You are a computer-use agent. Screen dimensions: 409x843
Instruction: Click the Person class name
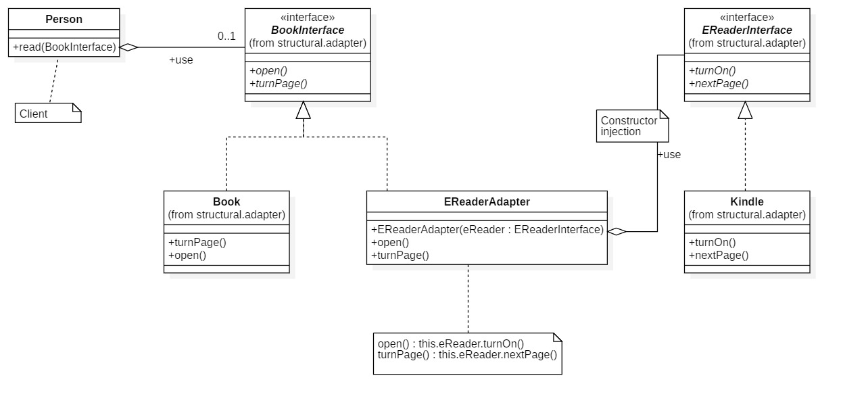(x=64, y=20)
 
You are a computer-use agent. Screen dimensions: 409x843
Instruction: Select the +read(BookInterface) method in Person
(x=64, y=47)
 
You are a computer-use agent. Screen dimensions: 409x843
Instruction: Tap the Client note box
(x=47, y=114)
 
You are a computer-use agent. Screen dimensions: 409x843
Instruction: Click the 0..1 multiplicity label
(x=226, y=36)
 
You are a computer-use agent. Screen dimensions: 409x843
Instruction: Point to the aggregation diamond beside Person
(x=128, y=47)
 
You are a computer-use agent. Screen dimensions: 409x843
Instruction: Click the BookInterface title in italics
(x=308, y=30)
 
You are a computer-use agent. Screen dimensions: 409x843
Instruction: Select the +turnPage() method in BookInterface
(x=279, y=84)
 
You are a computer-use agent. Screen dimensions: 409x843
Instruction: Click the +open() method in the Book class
(x=187, y=256)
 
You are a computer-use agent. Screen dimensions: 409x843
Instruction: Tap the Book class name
(x=226, y=201)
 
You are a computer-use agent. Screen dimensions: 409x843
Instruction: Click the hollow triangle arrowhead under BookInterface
(x=303, y=110)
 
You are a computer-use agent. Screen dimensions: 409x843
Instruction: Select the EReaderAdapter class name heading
(x=487, y=201)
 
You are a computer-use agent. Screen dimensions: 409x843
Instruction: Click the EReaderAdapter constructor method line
(x=487, y=229)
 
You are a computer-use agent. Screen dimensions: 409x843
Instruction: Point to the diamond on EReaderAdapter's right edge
(x=617, y=232)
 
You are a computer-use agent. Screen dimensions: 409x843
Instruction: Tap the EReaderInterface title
(x=747, y=30)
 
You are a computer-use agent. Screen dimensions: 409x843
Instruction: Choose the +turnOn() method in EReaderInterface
(x=713, y=70)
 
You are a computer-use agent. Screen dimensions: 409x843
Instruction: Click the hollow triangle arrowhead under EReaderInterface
(x=745, y=110)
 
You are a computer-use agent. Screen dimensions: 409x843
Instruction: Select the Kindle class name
(x=747, y=201)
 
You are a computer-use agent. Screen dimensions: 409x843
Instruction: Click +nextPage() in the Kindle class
(x=719, y=256)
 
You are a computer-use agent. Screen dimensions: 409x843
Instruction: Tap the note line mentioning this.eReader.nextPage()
(x=467, y=354)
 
